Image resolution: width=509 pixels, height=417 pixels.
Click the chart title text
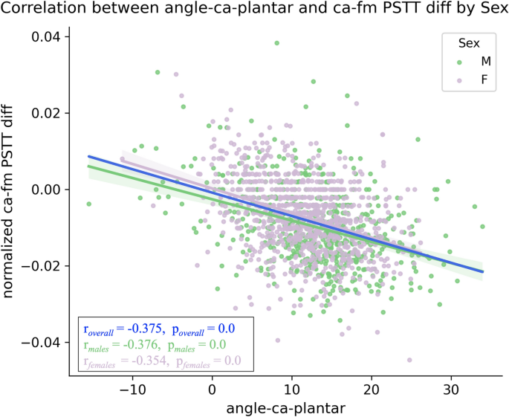[254, 10]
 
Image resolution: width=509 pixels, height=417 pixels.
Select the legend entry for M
[475, 62]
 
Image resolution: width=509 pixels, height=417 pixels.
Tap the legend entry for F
[475, 80]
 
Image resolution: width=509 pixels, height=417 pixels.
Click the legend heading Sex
[467, 44]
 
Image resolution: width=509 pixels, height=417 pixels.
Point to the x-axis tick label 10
[292, 389]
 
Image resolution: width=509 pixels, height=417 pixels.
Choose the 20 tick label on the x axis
[371, 389]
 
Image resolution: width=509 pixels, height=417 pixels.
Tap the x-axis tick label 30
[450, 389]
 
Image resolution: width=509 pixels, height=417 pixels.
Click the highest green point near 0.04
[276, 43]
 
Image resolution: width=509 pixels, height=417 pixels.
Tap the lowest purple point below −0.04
[409, 360]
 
